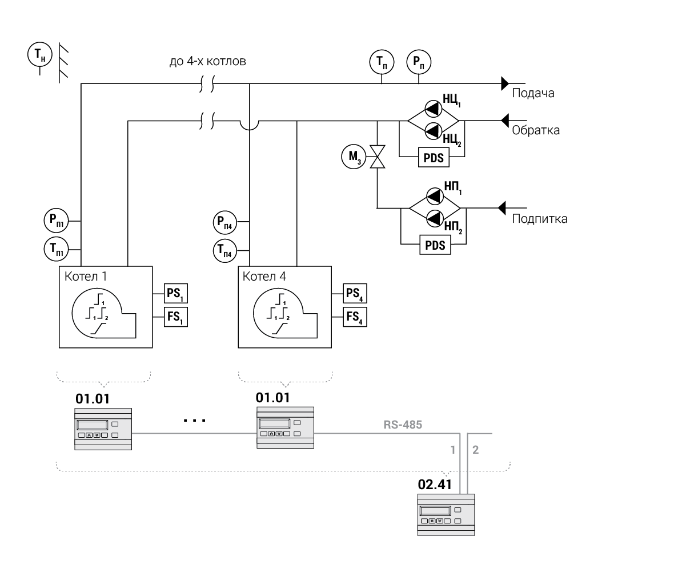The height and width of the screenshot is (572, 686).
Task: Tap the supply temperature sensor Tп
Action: (x=381, y=62)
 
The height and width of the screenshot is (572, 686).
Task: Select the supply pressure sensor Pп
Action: (x=419, y=62)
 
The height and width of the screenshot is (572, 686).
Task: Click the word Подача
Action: (x=533, y=93)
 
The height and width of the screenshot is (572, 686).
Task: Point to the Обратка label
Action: (x=536, y=130)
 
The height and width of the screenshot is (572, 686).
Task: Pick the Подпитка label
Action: (x=540, y=219)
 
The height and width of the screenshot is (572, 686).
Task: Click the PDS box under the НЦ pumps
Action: (x=434, y=158)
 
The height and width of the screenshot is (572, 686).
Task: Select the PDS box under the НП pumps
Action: (x=435, y=246)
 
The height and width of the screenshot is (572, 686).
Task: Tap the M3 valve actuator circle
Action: (x=352, y=156)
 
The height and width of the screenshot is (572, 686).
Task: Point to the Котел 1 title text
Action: (x=86, y=277)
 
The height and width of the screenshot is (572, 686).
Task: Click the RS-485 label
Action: (x=403, y=425)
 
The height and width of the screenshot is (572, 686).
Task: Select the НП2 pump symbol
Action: (x=434, y=217)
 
